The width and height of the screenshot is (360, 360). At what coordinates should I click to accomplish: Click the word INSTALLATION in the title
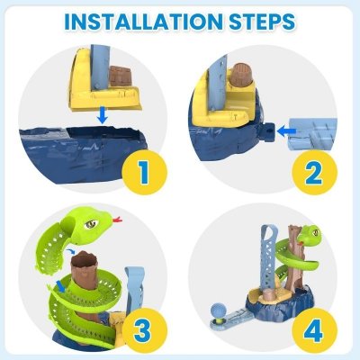pyautogui.click(x=144, y=22)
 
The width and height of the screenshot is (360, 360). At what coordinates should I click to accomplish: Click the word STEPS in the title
pyautogui.click(x=262, y=22)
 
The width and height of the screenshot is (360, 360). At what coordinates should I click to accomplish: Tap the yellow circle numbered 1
pyautogui.click(x=144, y=173)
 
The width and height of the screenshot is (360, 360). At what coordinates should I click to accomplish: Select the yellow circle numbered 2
pyautogui.click(x=314, y=173)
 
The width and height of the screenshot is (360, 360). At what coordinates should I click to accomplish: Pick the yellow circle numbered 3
pyautogui.click(x=144, y=330)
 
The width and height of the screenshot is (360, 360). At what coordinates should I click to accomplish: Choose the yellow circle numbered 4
pyautogui.click(x=314, y=330)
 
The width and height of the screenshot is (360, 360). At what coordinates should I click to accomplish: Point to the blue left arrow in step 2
pyautogui.click(x=286, y=130)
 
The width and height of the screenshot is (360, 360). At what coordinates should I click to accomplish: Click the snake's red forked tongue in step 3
pyautogui.click(x=117, y=220)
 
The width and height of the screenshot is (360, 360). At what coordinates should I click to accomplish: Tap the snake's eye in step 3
pyautogui.click(x=91, y=223)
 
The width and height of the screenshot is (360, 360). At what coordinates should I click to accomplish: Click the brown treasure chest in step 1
pyautogui.click(x=121, y=76)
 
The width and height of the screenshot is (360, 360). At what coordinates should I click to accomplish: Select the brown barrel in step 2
pyautogui.click(x=241, y=75)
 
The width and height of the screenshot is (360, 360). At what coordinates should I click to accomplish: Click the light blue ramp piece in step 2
pyautogui.click(x=313, y=134)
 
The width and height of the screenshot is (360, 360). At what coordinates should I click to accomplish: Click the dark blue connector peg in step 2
pyautogui.click(x=268, y=131)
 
